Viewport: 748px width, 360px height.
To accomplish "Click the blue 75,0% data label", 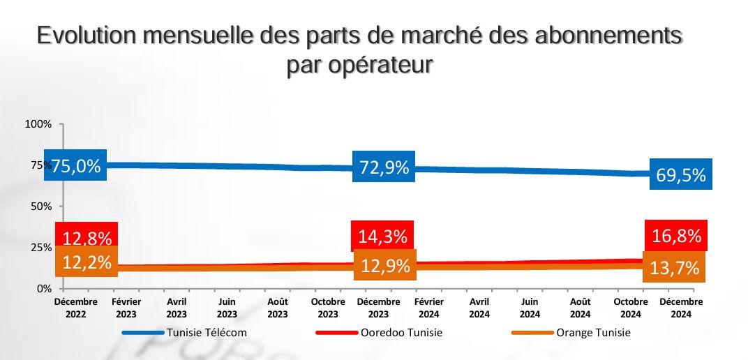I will pos(75,165).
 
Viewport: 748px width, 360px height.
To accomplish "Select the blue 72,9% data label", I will pos(384,167).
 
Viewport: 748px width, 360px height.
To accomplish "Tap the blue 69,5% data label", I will pos(681,175).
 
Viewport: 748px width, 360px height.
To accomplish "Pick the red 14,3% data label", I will pos(382,236).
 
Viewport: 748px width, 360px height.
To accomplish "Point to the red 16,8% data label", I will pos(676,235).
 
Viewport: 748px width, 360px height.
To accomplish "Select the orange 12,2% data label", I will pos(87,262).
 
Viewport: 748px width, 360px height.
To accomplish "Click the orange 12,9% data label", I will pos(385,265).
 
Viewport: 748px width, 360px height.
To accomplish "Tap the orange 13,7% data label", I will pos(674,267).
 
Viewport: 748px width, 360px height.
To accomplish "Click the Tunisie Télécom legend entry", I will pos(207,333).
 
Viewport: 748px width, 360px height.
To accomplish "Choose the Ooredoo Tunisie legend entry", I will pos(401,333).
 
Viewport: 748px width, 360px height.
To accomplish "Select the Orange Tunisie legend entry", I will pos(592,333).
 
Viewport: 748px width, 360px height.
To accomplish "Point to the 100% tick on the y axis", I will pos(38,124).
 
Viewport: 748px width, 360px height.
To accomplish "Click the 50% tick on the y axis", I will pos(41,207).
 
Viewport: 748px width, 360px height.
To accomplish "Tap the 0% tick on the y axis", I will pos(44,288).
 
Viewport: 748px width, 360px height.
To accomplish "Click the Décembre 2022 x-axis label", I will pos(76,308).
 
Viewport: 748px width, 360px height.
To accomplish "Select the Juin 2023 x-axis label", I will pos(227,308).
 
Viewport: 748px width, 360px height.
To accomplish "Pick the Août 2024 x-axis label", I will pos(580,308).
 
